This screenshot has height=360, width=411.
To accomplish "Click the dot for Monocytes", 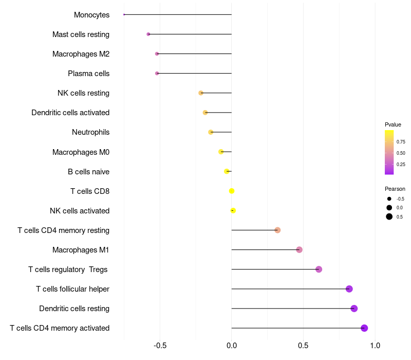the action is point(124,14).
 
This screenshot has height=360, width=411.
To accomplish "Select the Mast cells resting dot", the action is point(148,34).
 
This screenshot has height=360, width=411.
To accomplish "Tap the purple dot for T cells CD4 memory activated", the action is point(364,328).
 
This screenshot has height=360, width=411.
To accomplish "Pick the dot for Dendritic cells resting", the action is point(354,309).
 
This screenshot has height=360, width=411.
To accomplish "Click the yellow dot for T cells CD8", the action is point(232,191).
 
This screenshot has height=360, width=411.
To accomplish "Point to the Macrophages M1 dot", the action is point(300,250).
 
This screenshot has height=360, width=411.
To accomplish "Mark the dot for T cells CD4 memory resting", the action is point(277,230).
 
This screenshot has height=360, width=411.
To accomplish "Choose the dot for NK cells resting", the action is point(201,93).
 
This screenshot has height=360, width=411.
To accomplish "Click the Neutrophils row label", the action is point(91,132).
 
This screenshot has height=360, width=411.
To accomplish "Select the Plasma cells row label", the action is point(88,74).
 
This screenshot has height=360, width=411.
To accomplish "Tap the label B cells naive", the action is point(88,172).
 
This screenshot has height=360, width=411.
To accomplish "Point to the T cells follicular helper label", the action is point(72,289).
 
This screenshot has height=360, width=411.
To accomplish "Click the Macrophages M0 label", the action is point(81,152).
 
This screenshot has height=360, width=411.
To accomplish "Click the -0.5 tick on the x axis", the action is point(160,345).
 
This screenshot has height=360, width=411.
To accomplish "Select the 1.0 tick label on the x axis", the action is point(375,345).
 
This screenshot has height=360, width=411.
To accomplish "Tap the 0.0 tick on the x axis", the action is point(232,345).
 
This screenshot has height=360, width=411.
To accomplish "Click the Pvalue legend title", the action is point(393,124).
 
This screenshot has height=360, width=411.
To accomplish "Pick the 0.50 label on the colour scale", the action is point(401,153).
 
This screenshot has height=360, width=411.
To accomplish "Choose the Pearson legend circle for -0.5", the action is point(389,199).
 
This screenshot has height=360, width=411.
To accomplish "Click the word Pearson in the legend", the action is point(395,189).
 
